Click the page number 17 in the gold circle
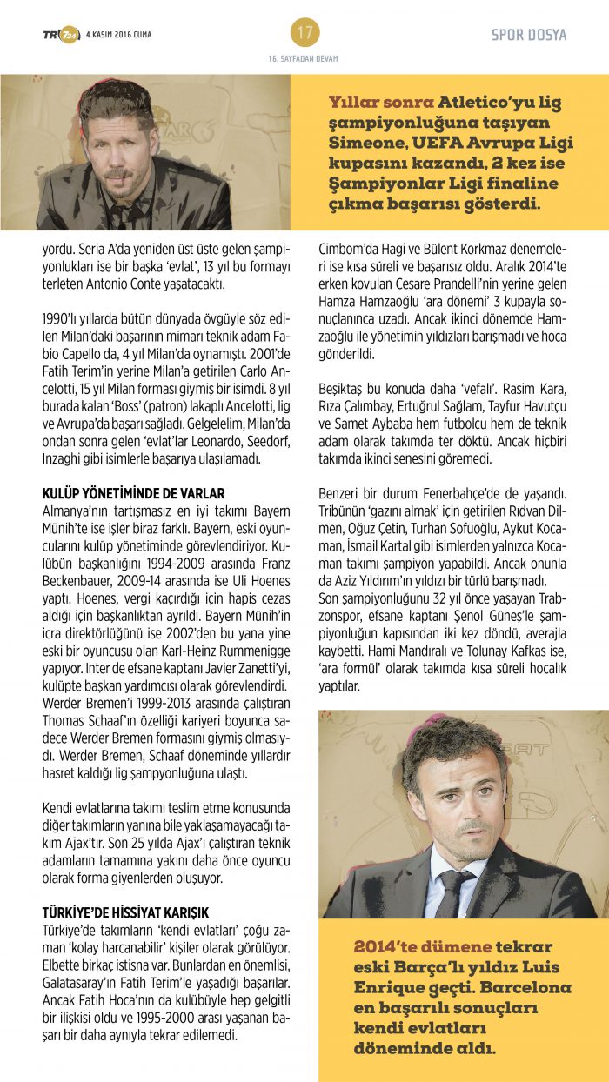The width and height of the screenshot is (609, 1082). pos(304,33)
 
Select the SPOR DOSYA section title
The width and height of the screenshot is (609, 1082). pos(529,35)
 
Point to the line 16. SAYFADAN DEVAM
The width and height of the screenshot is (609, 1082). pos(304,59)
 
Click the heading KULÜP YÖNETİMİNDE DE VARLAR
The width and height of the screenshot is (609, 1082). pos(133,493)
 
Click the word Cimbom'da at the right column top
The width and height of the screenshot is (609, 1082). pos(351,246)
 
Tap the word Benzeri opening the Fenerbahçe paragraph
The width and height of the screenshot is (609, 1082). pos(343,494)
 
